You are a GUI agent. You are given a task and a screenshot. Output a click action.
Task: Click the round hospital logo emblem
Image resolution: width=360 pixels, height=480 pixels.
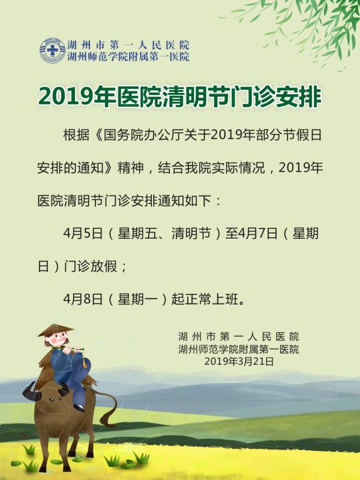(x=53, y=50)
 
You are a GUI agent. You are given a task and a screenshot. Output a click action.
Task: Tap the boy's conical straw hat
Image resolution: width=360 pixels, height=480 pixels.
(x=56, y=331)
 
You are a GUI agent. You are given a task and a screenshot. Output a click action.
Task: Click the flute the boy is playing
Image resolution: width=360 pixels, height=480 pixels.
(x=68, y=349)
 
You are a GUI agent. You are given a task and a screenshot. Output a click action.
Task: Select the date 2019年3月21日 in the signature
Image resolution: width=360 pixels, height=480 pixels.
(x=239, y=362)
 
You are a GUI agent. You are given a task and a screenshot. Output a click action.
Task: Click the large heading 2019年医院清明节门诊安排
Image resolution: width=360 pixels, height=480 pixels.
(x=180, y=97)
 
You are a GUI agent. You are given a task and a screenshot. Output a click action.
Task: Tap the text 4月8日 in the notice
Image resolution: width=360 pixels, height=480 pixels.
(x=83, y=299)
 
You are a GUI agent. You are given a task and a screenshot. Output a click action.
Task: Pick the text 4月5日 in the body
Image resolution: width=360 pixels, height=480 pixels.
(x=83, y=233)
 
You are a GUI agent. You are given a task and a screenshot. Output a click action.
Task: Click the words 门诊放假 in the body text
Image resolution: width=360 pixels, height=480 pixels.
(x=91, y=266)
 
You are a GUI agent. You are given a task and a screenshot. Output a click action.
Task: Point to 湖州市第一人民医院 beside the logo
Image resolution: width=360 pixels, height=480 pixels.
(x=128, y=45)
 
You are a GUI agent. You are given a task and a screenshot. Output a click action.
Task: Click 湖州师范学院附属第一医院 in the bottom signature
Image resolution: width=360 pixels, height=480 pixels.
(x=239, y=349)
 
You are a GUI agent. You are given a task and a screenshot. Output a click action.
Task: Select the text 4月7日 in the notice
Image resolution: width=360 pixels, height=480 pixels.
(x=257, y=233)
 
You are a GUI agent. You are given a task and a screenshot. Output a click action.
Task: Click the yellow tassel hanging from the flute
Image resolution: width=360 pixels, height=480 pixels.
(x=85, y=359)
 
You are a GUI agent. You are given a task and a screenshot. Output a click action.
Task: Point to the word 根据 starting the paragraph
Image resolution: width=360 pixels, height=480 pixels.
(x=77, y=135)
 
